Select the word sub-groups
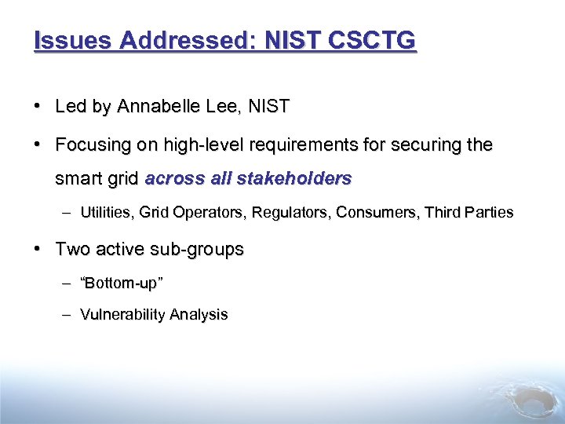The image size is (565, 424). click(x=199, y=250)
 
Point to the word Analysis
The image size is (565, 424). click(x=199, y=315)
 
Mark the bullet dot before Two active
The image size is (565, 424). click(x=38, y=250)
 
